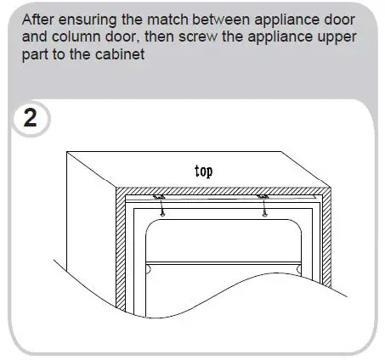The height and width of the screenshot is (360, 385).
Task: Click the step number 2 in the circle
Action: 31,118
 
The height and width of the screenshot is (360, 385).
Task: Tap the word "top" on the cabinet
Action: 203,171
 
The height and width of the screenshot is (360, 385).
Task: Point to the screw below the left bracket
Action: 164,211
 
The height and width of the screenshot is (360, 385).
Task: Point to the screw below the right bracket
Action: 267,211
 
